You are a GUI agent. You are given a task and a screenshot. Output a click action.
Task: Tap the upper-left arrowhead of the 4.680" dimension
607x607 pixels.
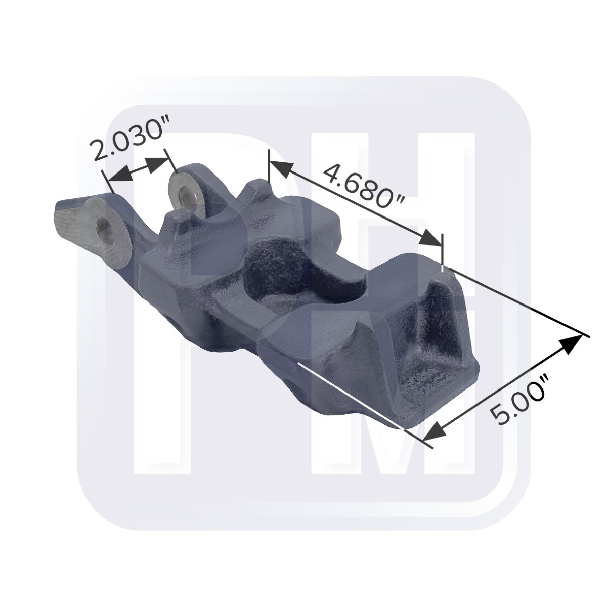coord(281,168)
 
